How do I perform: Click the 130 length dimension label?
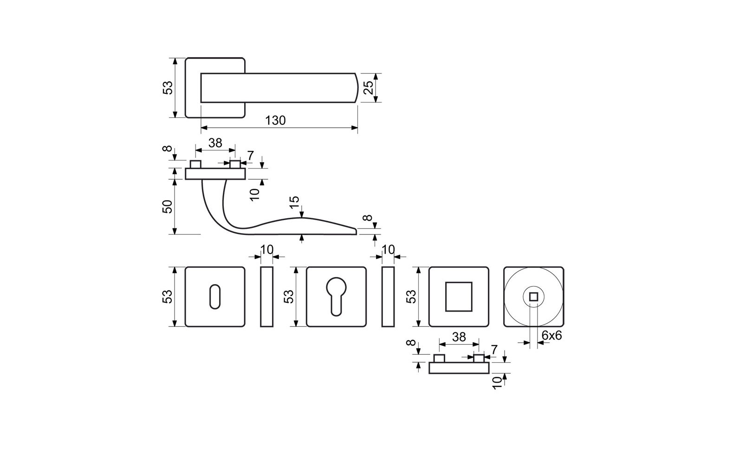275,121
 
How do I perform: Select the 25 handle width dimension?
369,87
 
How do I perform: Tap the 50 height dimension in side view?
168,207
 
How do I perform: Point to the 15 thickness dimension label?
295,202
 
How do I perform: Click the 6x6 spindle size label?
551,336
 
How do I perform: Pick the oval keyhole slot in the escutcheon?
215,296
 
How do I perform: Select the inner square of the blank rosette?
459,296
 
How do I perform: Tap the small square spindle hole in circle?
533,297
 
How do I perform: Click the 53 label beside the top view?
168,88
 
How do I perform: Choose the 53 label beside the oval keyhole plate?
168,296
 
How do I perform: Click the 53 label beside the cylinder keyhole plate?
289,296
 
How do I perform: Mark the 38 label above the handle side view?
215,143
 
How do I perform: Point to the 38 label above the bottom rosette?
459,337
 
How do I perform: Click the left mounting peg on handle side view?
195,164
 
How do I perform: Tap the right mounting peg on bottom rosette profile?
479,358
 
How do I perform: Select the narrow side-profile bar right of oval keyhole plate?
266,297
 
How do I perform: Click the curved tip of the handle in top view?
357,88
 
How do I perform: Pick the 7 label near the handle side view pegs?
251,156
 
